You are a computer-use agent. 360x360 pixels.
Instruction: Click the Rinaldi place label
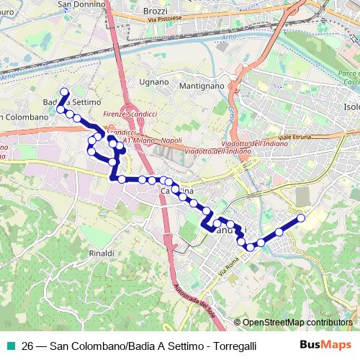pos(102,253)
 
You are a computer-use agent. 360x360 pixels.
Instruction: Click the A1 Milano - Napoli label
pos(152,141)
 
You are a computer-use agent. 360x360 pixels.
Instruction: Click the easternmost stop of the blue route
pos(301,217)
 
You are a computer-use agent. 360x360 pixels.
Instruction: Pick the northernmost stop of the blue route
pos(64,91)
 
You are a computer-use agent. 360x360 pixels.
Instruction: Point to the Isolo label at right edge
pos(351,107)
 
